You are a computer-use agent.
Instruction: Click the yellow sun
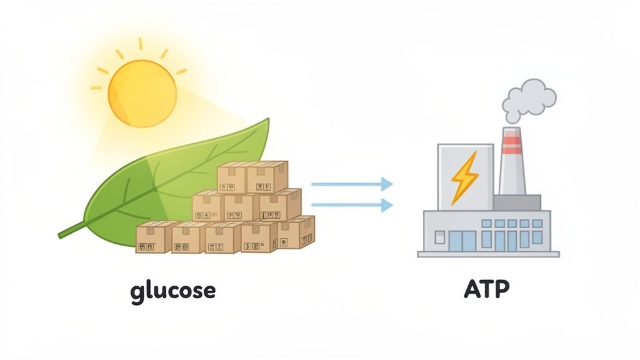[142, 93]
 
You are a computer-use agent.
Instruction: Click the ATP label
[487, 289]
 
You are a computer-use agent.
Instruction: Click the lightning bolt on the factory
[464, 176]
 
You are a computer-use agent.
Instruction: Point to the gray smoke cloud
[529, 100]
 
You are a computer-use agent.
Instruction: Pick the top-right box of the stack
[267, 177]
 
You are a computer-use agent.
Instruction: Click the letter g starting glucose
[139, 292]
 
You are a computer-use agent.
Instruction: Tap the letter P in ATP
[502, 289]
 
